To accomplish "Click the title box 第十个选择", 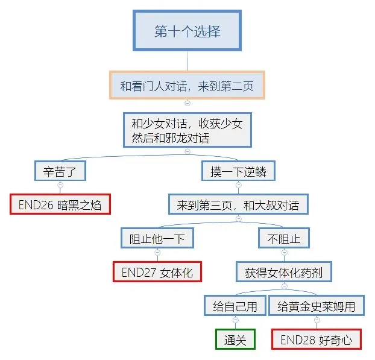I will point(187,31).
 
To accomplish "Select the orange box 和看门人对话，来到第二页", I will point(187,86).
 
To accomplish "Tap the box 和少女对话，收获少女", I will point(187,130).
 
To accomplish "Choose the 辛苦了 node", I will point(60,171).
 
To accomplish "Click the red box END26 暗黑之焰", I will point(60,205).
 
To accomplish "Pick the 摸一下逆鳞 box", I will point(238,171).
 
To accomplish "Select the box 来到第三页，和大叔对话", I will point(238,205).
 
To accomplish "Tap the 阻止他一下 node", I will point(157,238).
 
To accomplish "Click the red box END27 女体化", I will point(157,272).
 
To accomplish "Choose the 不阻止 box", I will point(284,238).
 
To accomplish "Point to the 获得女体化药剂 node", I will point(284,272).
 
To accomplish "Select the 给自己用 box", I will point(235,306).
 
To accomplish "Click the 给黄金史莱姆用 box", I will point(317,306).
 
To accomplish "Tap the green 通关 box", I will point(235,339).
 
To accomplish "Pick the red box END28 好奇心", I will point(317,339).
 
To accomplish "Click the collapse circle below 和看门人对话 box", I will point(187,103).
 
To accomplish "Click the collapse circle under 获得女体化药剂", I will point(284,286).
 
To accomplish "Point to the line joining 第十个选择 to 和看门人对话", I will point(187,61).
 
